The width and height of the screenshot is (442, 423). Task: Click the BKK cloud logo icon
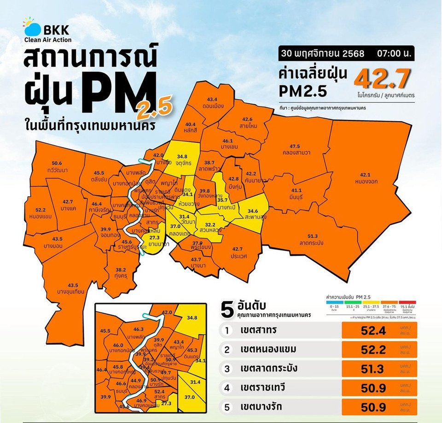(31, 28)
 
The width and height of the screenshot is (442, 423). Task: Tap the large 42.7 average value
(382, 79)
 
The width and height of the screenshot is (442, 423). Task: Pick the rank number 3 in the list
(227, 369)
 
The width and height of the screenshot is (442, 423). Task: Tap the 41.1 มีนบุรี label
(297, 194)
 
